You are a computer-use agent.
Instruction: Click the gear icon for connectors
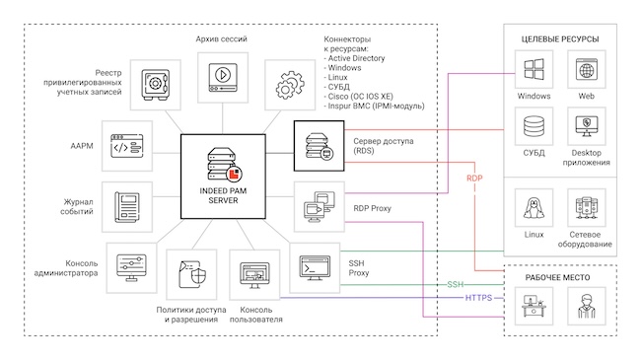[x=288, y=83]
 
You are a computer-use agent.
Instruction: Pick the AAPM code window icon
[x=130, y=144]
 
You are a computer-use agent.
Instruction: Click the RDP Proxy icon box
[x=320, y=205]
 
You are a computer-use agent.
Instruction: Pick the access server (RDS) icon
[x=320, y=144]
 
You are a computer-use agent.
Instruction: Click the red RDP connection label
[x=475, y=179]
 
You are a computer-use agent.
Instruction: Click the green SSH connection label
[x=455, y=284]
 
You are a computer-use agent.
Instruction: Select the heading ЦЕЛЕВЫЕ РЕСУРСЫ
[x=559, y=38]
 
